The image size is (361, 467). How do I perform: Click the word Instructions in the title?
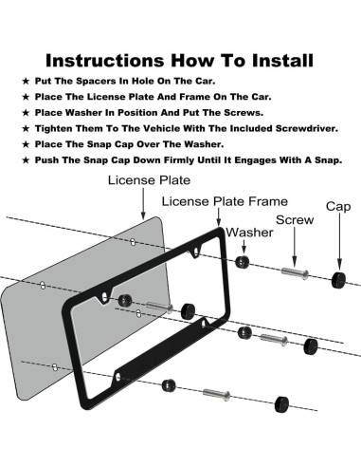tap(105, 60)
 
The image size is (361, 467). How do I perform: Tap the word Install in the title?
tap(282, 60)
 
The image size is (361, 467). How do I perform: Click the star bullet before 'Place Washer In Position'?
tap(26, 113)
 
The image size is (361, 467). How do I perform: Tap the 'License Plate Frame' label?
tap(225, 201)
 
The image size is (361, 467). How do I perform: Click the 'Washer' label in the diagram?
tap(249, 233)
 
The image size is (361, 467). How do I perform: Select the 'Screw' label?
tap(295, 220)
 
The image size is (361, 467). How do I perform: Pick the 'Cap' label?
tap(338, 207)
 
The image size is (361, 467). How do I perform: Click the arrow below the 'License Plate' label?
tap(143, 203)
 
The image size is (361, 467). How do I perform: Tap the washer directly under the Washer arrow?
tap(243, 262)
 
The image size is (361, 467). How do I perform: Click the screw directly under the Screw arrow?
tap(295, 273)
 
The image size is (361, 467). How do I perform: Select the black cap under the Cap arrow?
tap(338, 279)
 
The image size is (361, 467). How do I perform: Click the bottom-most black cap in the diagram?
tap(281, 404)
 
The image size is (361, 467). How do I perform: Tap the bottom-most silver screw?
tap(216, 395)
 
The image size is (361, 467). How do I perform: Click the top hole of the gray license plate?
tap(133, 242)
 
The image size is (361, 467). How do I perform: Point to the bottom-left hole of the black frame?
tap(118, 377)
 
